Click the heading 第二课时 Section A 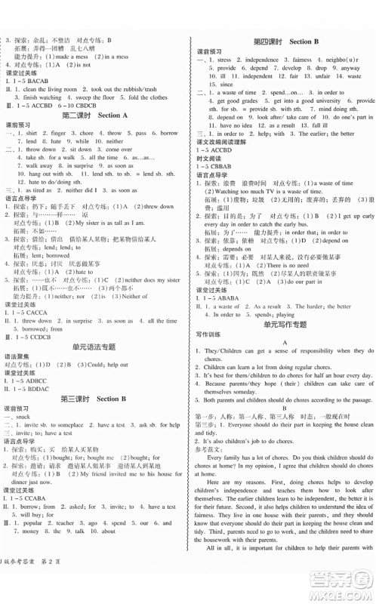tap(94, 116)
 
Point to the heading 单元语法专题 tap(94, 325)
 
